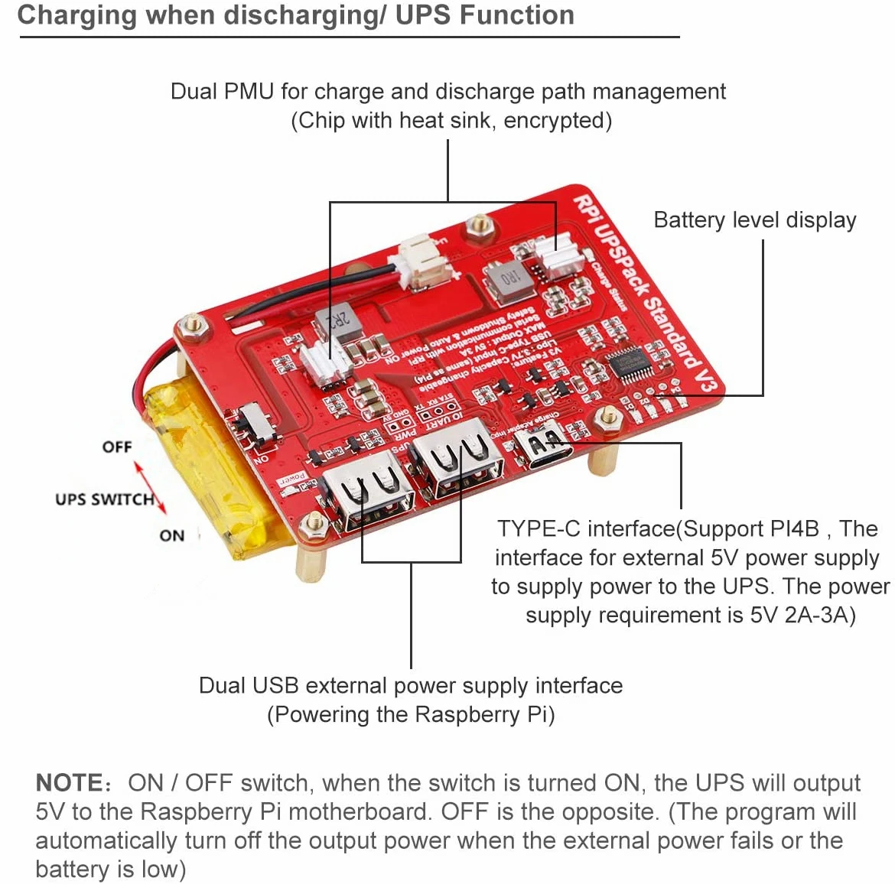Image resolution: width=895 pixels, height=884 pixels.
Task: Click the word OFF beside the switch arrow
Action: (117, 447)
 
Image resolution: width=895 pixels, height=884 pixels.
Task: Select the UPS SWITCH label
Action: (104, 499)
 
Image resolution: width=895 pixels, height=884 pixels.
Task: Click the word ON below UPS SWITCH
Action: (171, 535)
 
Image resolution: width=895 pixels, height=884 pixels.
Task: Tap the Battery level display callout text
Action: (754, 220)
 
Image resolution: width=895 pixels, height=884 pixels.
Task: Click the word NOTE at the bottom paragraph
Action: (69, 783)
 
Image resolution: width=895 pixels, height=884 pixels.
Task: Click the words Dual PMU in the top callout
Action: (222, 92)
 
